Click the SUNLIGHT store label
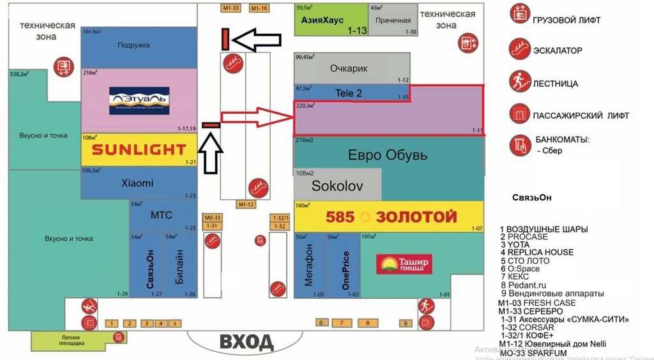click(x=139, y=150)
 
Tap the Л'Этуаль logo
click(x=139, y=101)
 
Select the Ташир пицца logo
click(x=405, y=264)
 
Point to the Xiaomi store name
click(x=137, y=183)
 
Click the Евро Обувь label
click(x=387, y=155)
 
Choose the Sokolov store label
click(x=337, y=186)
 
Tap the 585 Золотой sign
click(x=391, y=217)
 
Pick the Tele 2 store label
click(x=349, y=93)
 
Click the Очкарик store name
click(x=349, y=68)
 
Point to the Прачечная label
click(x=393, y=20)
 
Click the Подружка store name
click(x=133, y=45)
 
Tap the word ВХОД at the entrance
click(x=247, y=342)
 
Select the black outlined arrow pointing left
click(x=256, y=40)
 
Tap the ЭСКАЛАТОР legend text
click(x=557, y=50)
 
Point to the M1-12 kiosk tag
click(x=246, y=204)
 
